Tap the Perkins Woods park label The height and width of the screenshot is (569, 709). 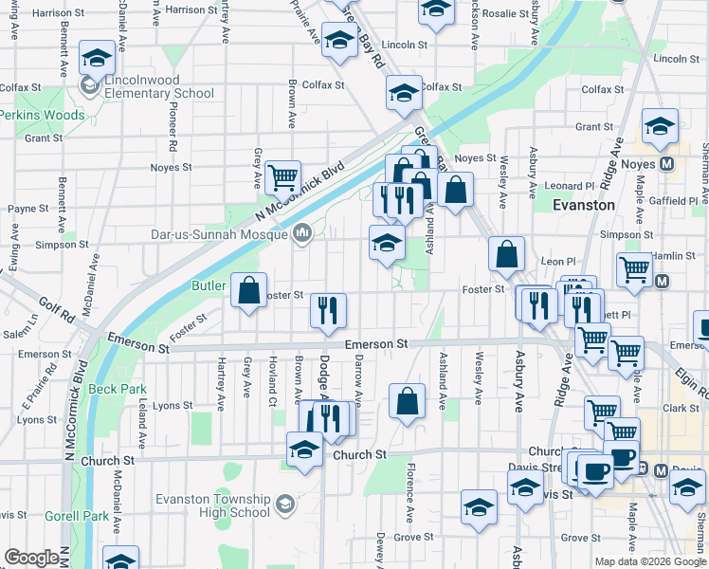42,115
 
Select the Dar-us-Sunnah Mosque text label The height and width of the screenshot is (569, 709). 219,233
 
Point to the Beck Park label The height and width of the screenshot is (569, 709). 118,389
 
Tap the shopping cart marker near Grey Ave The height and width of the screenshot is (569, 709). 282,177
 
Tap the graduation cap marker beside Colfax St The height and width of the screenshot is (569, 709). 404,93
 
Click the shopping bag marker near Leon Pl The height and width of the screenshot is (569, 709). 507,254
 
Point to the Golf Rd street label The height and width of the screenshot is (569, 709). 56,307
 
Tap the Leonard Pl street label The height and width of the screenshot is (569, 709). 569,186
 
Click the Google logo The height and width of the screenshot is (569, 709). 31,558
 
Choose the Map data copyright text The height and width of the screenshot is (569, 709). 650,561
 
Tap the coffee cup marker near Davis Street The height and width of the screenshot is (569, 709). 594,470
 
